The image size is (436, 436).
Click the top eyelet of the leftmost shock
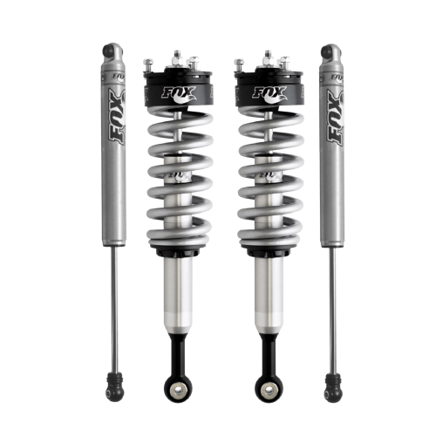click(x=108, y=51)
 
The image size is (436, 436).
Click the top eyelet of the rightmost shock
click(x=327, y=51)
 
